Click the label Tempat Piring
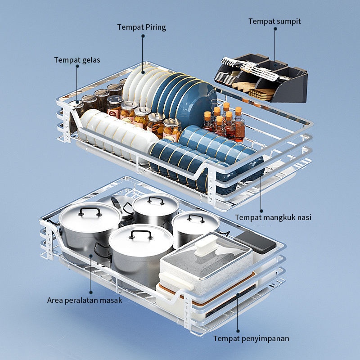(141, 27)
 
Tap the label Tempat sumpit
(274, 21)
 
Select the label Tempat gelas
(77, 60)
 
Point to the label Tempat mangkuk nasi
(273, 217)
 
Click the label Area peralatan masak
(85, 300)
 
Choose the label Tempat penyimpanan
(252, 339)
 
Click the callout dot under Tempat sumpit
(275, 29)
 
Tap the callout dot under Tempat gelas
(77, 66)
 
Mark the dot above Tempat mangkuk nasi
(261, 211)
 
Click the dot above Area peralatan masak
(91, 292)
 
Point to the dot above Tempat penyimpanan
(238, 331)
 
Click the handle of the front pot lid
(141, 234)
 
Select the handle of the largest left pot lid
(90, 211)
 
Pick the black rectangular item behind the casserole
(256, 242)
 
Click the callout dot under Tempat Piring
(143, 36)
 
